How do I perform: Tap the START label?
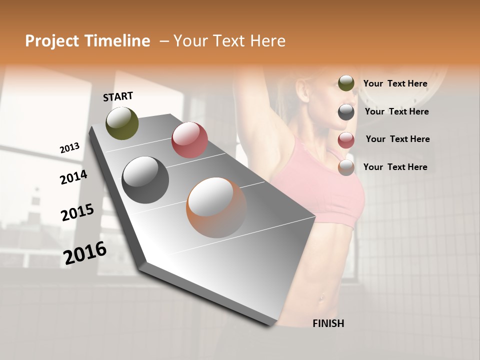point(118,96)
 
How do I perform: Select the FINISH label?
point(328,323)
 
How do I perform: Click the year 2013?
point(69,148)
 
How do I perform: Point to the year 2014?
point(73,177)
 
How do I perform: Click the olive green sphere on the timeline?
point(122,123)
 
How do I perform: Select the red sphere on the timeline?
point(189,140)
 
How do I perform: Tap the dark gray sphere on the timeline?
point(145,180)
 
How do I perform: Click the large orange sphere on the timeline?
point(216,207)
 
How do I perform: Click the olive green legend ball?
point(346,83)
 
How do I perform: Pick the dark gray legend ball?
point(346,111)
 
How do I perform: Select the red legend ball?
point(346,139)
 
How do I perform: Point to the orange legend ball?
point(346,167)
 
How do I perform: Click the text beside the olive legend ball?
point(395,84)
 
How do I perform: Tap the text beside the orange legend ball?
point(395,167)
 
